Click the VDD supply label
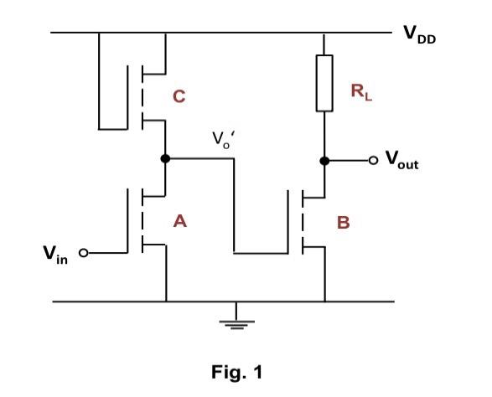(x=420, y=34)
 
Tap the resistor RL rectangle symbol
(x=324, y=83)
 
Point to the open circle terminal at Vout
(x=373, y=159)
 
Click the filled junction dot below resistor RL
(x=324, y=159)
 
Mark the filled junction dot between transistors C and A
(x=166, y=159)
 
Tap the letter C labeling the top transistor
(x=179, y=97)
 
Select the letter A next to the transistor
(x=179, y=221)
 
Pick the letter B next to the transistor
(x=343, y=224)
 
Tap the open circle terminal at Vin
(x=83, y=252)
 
